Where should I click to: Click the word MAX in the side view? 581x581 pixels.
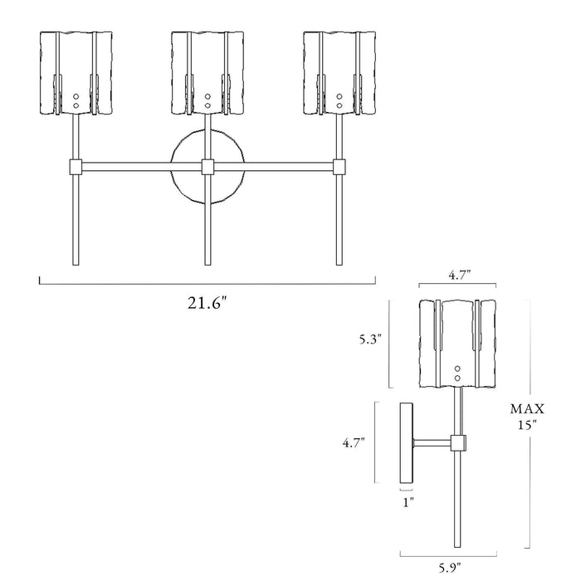point(527,408)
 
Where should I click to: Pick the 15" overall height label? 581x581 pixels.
point(527,424)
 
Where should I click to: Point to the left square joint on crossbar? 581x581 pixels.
point(76,167)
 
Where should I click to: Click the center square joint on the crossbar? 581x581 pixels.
point(207,167)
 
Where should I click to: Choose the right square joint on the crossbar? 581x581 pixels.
point(339,167)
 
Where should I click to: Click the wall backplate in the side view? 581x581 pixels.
point(407,443)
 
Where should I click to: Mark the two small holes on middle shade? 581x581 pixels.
point(207,101)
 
